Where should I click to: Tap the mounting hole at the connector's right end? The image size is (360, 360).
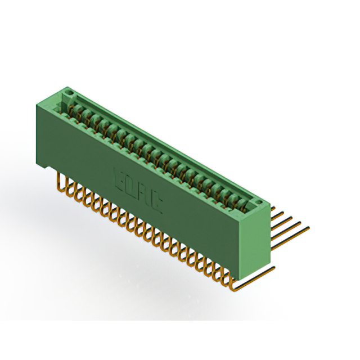click(258, 202)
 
